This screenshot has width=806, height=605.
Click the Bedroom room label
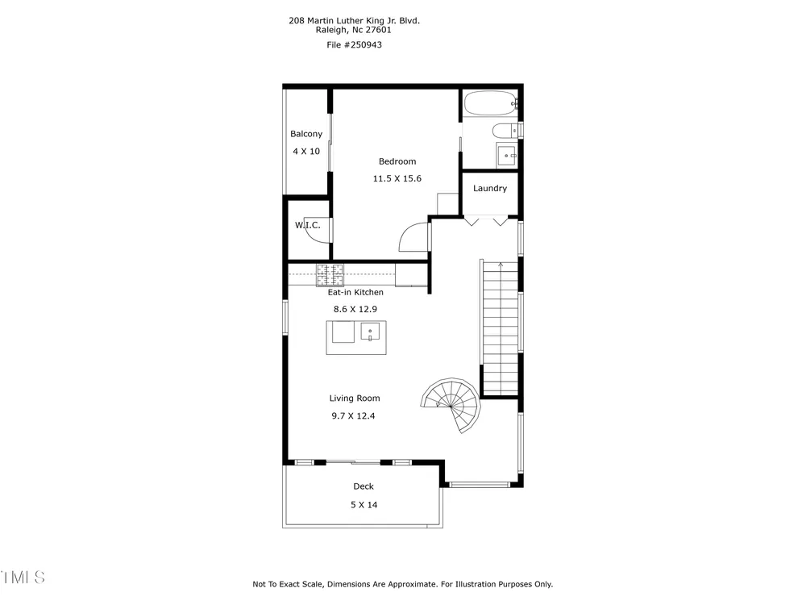pos(397,161)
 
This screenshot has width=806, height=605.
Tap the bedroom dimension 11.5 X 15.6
pos(397,178)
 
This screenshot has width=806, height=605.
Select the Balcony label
pos(306,134)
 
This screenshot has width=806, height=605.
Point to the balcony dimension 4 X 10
pos(306,152)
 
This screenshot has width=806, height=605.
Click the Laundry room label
pos(490,188)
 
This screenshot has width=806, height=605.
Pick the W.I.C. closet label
pos(307,225)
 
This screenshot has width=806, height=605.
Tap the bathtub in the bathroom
pos(490,104)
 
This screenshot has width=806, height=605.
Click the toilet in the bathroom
pos(505,131)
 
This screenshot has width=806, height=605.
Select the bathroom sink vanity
pos(507,156)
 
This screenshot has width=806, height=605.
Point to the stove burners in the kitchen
pos(330,275)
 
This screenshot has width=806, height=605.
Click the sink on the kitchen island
pos(370,332)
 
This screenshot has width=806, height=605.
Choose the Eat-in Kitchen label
pos(355,292)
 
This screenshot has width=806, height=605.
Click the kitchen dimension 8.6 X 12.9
pos(355,309)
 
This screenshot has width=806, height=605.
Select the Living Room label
pos(355,398)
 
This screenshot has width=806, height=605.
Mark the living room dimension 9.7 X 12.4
pos(353,415)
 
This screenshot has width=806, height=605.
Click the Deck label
pos(364,486)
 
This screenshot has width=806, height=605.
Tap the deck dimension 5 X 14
pos(364,505)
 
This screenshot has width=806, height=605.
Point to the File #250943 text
pos(354,44)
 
